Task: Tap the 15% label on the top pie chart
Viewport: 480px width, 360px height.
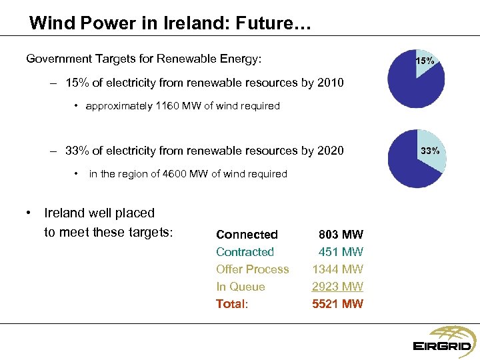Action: click(x=425, y=61)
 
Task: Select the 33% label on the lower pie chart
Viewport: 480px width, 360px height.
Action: click(x=429, y=151)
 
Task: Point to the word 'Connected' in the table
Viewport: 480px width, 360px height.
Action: click(x=247, y=235)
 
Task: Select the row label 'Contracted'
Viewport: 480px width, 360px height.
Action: click(x=245, y=252)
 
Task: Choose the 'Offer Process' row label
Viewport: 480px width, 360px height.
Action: click(x=252, y=269)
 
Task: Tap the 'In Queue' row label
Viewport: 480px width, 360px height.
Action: click(x=240, y=287)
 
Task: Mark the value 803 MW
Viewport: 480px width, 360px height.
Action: click(x=341, y=235)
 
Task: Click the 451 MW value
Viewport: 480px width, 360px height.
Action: click(x=341, y=252)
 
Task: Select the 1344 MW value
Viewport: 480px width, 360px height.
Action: click(x=338, y=269)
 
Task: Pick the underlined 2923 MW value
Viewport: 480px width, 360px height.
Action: click(x=338, y=287)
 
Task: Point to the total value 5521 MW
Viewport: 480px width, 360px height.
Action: click(x=338, y=304)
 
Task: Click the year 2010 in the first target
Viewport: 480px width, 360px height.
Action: click(x=330, y=83)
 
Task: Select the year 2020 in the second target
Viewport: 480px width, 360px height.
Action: click(x=330, y=151)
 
